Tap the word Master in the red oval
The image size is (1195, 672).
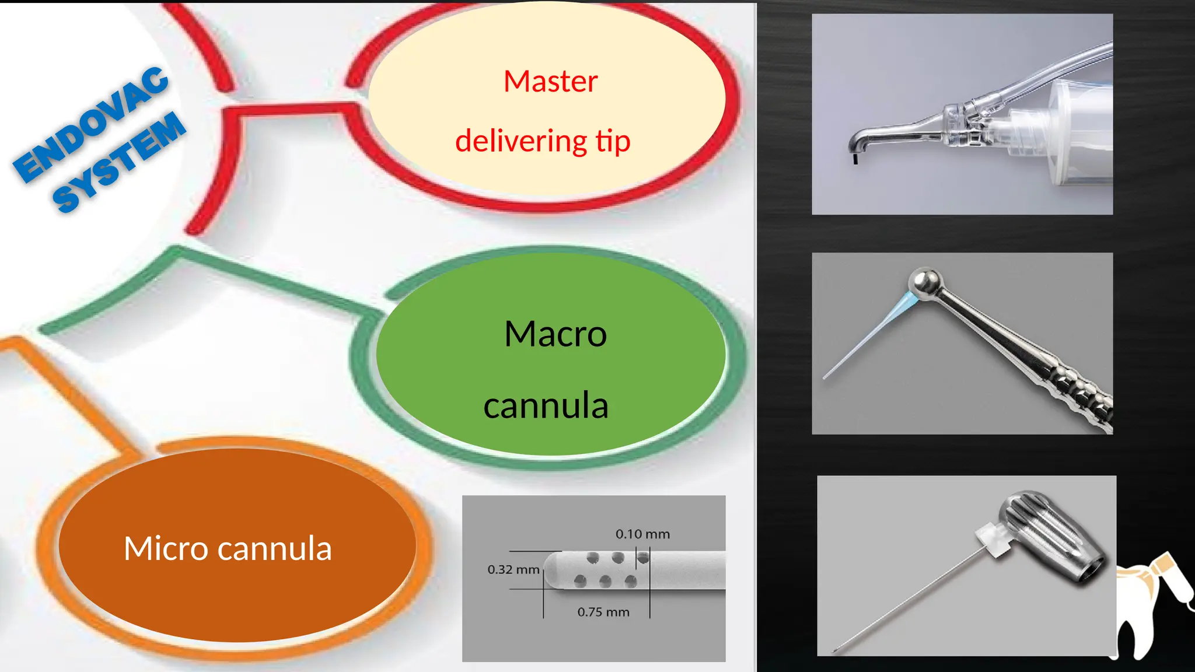click(x=550, y=81)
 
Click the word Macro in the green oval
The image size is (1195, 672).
click(x=555, y=334)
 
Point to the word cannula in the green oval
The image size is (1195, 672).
click(x=546, y=406)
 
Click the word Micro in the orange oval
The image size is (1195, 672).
click(x=166, y=548)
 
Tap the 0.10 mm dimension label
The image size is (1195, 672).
click(x=642, y=534)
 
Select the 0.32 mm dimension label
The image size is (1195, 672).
click(x=513, y=569)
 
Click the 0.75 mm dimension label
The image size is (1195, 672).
click(x=603, y=612)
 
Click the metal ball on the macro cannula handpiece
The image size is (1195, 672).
click(x=926, y=283)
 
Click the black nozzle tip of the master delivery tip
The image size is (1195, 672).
click(x=855, y=159)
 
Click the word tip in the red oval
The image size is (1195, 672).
click(x=613, y=141)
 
